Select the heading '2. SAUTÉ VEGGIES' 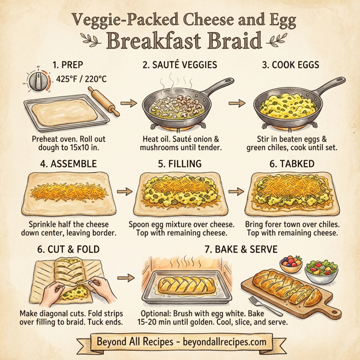(179, 64)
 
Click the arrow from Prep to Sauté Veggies (127, 104)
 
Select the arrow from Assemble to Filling (124, 192)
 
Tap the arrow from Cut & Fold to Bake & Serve (125, 279)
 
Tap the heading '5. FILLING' (179, 163)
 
